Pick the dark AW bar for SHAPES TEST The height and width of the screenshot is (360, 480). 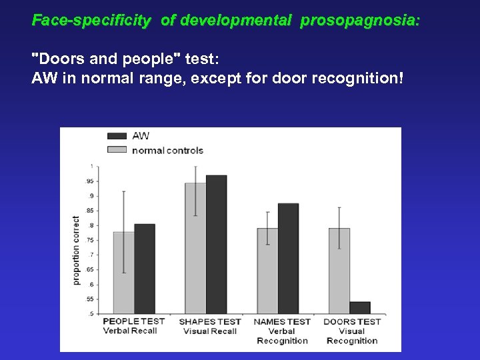(x=216, y=244)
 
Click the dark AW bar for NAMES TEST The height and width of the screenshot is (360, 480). (x=288, y=259)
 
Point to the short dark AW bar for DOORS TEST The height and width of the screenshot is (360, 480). (x=359, y=307)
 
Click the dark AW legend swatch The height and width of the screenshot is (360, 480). (x=117, y=136)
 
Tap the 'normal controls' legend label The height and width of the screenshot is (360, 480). (x=167, y=150)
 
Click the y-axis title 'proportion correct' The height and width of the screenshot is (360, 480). (x=76, y=250)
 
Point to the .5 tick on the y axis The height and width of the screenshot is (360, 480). (x=91, y=313)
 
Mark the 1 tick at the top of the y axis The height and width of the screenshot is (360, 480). (x=92, y=166)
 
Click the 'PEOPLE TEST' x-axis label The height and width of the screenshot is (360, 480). (x=134, y=321)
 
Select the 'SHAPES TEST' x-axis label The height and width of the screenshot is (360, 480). (x=209, y=321)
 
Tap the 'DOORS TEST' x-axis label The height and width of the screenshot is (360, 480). (x=352, y=321)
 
